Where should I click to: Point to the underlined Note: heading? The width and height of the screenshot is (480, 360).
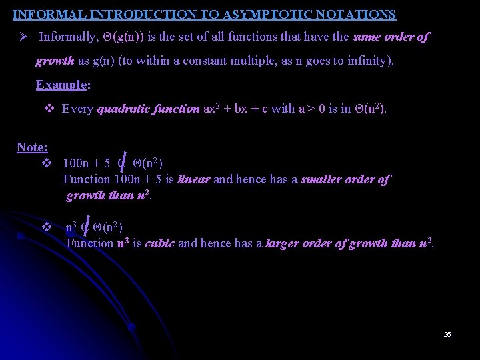31,147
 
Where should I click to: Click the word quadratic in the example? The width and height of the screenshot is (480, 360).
123,109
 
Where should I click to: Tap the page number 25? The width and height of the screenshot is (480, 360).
447,334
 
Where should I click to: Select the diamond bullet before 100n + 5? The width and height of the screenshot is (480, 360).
47,163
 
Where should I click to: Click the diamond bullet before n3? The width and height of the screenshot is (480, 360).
47,227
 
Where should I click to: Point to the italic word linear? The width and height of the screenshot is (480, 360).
194,179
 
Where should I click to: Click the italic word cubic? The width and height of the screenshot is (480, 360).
159,243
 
